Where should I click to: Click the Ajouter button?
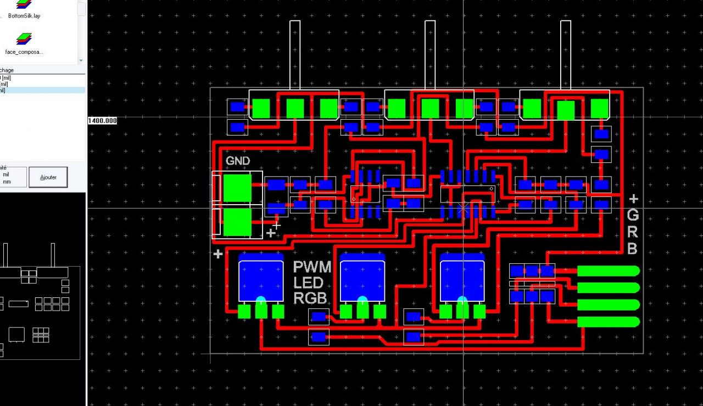(x=48, y=177)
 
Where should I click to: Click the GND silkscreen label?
(x=238, y=161)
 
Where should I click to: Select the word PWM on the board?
(x=312, y=267)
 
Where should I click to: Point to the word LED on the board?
(x=308, y=283)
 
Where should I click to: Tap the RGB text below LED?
(x=310, y=298)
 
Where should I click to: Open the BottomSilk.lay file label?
(x=24, y=16)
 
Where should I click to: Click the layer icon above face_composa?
(x=24, y=39)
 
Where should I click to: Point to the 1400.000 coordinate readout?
(x=103, y=121)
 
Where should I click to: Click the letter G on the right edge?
(x=633, y=215)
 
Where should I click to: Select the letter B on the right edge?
(x=632, y=249)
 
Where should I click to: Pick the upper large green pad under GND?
(x=237, y=188)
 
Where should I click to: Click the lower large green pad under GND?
(x=237, y=222)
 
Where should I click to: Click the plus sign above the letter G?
(x=633, y=199)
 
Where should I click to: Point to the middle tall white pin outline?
(x=430, y=55)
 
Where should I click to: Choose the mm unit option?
(x=7, y=182)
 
